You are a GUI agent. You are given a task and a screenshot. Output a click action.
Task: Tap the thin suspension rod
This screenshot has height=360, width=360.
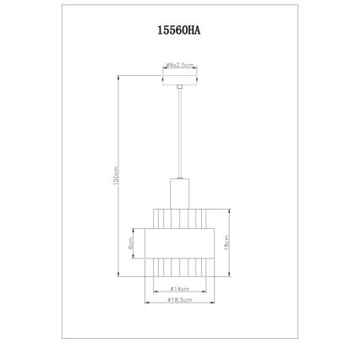point(179,135)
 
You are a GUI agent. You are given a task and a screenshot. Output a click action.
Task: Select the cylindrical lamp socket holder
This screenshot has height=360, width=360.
point(179,192)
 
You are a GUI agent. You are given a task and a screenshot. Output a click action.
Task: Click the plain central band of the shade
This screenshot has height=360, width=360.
point(179,243)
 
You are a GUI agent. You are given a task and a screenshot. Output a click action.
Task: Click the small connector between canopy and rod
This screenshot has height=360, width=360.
point(179,87)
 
